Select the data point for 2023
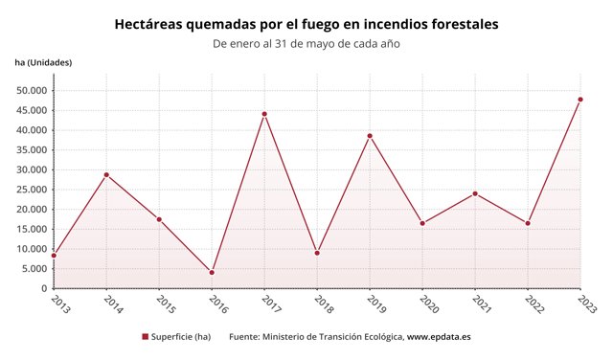pyautogui.click(x=580, y=100)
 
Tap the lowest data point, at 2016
pyautogui.click(x=212, y=272)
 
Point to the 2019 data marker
pyautogui.click(x=370, y=136)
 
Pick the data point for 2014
pyautogui.click(x=106, y=175)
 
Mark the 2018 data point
pyautogui.click(x=317, y=253)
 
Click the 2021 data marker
pyautogui.click(x=475, y=193)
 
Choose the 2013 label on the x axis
pyautogui.click(x=58, y=304)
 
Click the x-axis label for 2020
pyautogui.click(x=427, y=304)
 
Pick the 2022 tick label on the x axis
pyautogui.click(x=533, y=304)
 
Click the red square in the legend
pyautogui.click(x=145, y=337)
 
